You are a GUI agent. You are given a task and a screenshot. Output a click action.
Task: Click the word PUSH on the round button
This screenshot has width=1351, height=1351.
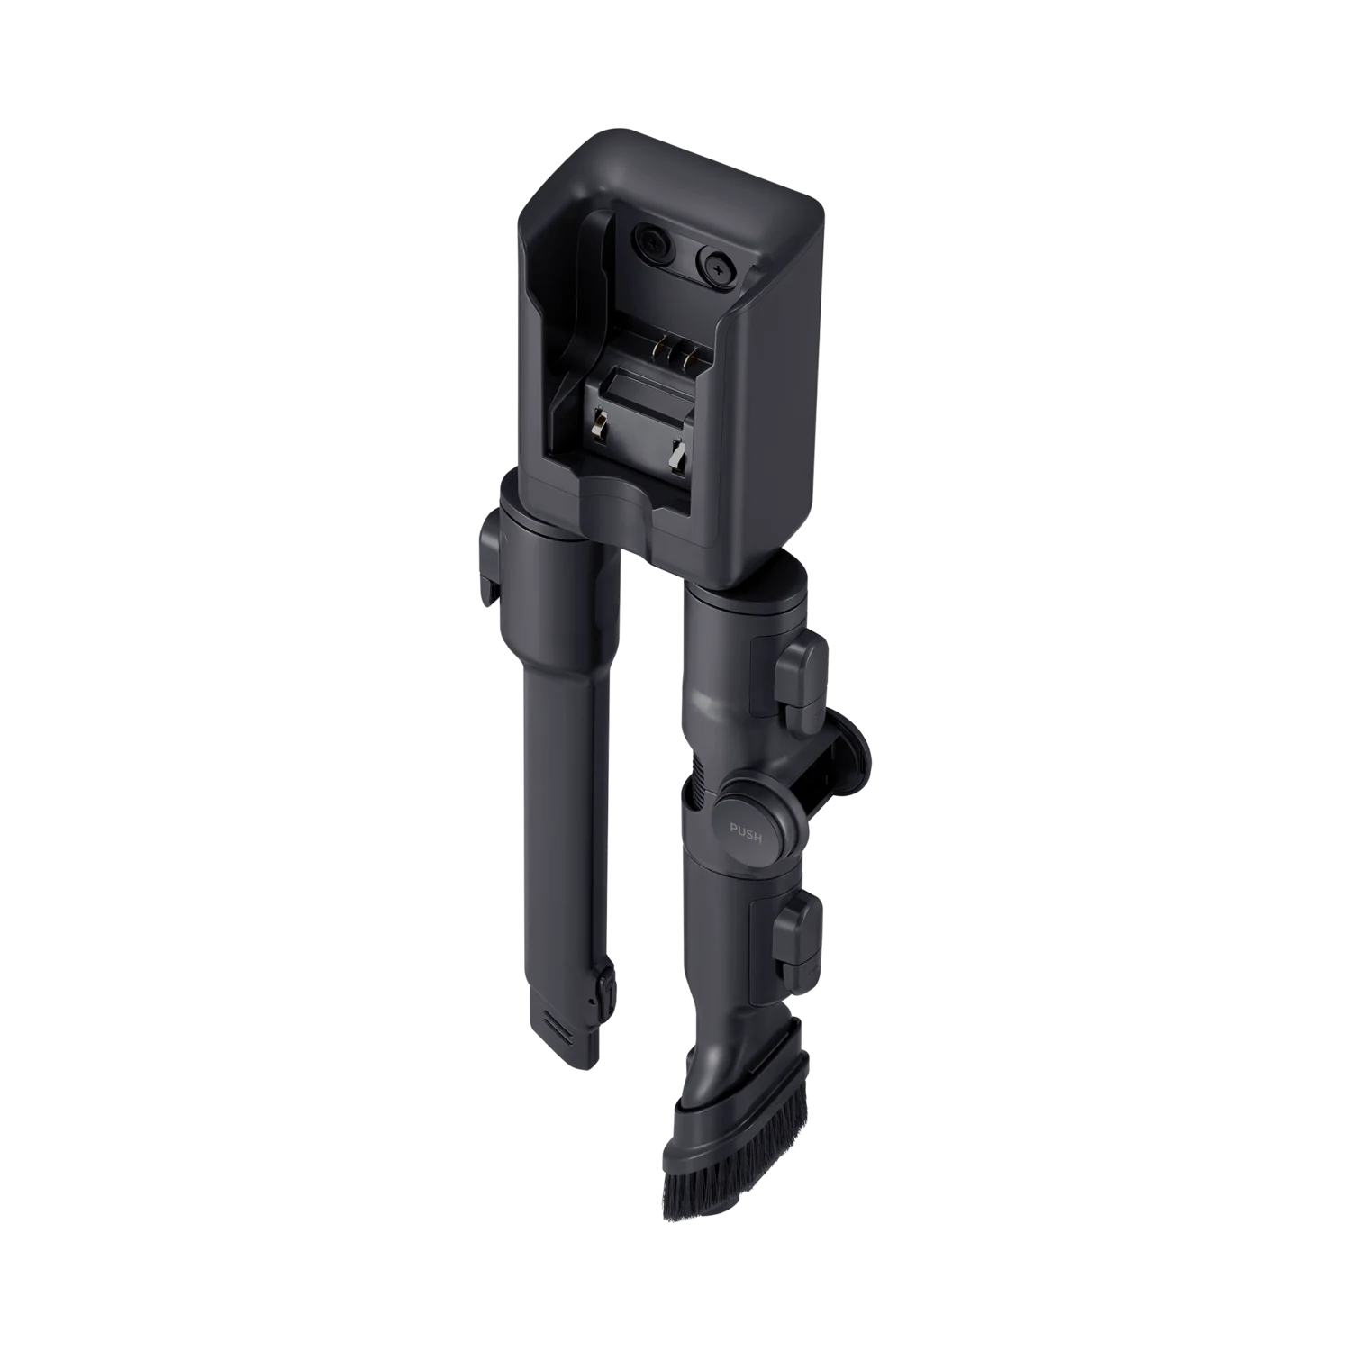tap(745, 835)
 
